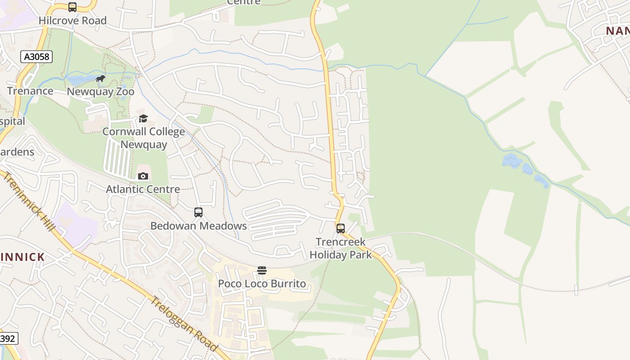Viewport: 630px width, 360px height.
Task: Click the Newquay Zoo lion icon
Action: [x=101, y=79]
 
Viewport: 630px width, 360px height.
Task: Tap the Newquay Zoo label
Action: [x=100, y=91]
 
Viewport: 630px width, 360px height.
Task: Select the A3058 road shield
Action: [x=36, y=57]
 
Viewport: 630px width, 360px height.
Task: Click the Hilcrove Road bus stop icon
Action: [x=72, y=7]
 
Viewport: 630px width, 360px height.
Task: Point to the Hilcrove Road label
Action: [x=72, y=20]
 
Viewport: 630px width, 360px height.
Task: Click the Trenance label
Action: [x=30, y=91]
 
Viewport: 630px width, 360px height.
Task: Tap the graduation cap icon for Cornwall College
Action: [x=143, y=118]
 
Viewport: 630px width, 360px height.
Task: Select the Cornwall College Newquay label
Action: [x=144, y=138]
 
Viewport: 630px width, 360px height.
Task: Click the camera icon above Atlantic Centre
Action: [x=143, y=176]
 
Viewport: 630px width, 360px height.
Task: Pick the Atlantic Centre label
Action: [x=143, y=189]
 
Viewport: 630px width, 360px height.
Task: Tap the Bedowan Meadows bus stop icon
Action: [x=198, y=212]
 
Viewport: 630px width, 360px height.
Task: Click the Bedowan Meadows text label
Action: [x=198, y=225]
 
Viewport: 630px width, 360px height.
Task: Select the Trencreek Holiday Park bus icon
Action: [x=341, y=229]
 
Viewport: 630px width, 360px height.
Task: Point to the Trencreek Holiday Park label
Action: [x=341, y=248]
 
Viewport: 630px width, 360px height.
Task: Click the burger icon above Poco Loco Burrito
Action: [x=262, y=270]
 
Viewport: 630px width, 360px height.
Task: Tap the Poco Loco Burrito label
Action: [x=262, y=283]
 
